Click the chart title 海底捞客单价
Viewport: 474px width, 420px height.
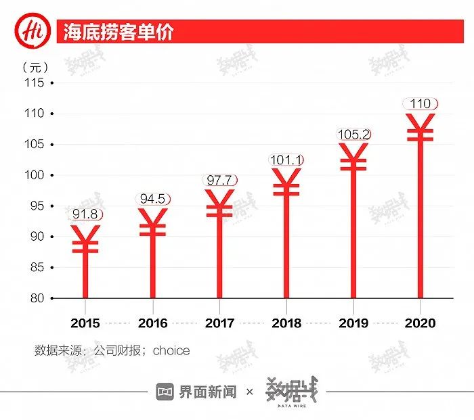pyautogui.click(x=118, y=32)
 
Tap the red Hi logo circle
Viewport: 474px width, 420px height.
pyautogui.click(x=30, y=32)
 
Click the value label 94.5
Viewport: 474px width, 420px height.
pyautogui.click(x=152, y=199)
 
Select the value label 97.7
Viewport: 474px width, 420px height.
pyautogui.click(x=219, y=180)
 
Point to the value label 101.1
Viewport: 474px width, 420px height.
pyautogui.click(x=286, y=160)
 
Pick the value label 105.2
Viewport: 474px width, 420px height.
pyautogui.click(x=353, y=135)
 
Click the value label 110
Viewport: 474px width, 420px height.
pyautogui.click(x=421, y=103)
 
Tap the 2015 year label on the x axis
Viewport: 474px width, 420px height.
pyautogui.click(x=85, y=323)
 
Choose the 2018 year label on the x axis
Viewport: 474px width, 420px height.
pyautogui.click(x=286, y=323)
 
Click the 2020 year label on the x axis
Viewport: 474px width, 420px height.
pyautogui.click(x=421, y=323)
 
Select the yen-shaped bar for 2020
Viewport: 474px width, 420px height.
pyautogui.click(x=421, y=203)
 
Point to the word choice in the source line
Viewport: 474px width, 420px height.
pyautogui.click(x=171, y=350)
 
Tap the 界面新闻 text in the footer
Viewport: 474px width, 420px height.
pyautogui.click(x=208, y=392)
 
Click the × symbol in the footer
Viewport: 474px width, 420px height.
pyautogui.click(x=249, y=392)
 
